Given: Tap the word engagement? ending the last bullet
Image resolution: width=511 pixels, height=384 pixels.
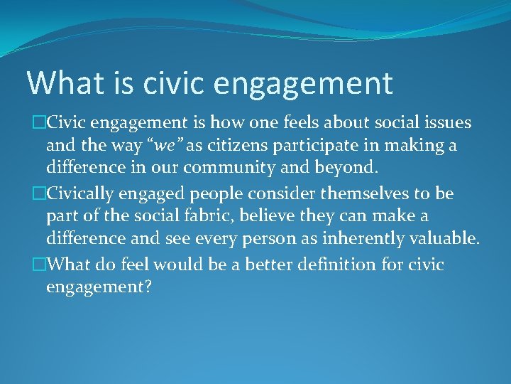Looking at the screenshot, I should click(x=99, y=287).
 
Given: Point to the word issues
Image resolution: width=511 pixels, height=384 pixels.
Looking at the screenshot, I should click(x=448, y=122).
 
